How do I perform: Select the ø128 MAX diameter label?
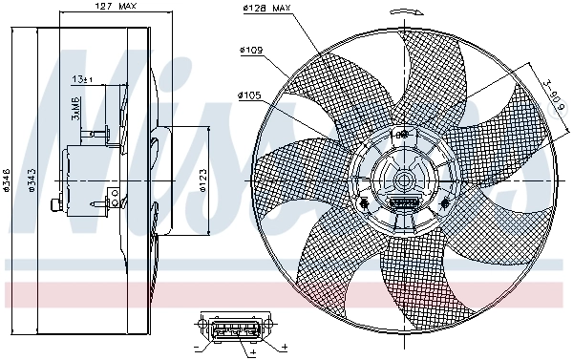pos(266,9)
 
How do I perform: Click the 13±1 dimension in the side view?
pos(83,79)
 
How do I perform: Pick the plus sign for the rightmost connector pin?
pos(284,345)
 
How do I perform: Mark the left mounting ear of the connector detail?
pos(202,328)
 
